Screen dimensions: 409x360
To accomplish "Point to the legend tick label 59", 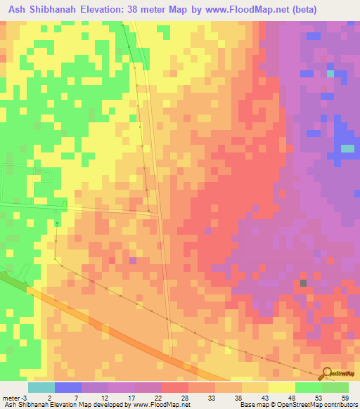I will pyautogui.click(x=344, y=397).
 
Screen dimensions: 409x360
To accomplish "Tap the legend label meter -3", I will pyautogui.click(x=14, y=397).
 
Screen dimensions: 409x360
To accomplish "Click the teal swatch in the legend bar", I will pyautogui.click(x=41, y=387).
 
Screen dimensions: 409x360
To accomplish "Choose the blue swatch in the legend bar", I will pyautogui.click(x=68, y=387).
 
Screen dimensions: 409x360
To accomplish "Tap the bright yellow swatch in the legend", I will pyautogui.click(x=281, y=387).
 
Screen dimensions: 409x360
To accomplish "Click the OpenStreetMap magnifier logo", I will pyautogui.click(x=328, y=372).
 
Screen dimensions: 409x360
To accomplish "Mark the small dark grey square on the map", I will pyautogui.click(x=304, y=283).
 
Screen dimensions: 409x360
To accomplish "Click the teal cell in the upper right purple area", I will pyautogui.click(x=330, y=72).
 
